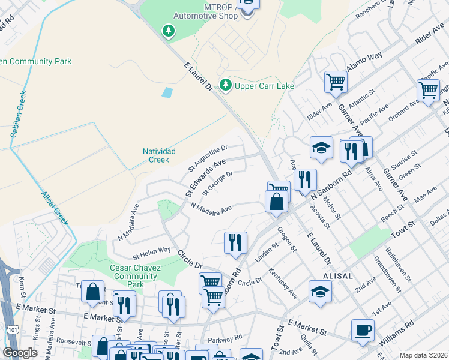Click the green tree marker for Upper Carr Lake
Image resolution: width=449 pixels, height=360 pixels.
coord(226,86)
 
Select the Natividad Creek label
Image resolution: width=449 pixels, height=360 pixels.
coord(159,155)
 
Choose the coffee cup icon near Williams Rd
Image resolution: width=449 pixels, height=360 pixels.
coord(363,329)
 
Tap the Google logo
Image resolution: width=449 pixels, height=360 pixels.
coord(20,353)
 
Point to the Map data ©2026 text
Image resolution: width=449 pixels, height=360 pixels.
coord(423,355)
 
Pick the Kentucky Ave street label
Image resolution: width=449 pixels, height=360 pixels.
coord(283,284)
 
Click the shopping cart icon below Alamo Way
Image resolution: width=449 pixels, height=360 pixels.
coord(336,82)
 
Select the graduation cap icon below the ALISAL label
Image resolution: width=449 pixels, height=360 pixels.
coord(320,292)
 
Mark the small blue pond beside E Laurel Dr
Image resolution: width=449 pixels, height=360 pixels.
coord(167,92)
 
